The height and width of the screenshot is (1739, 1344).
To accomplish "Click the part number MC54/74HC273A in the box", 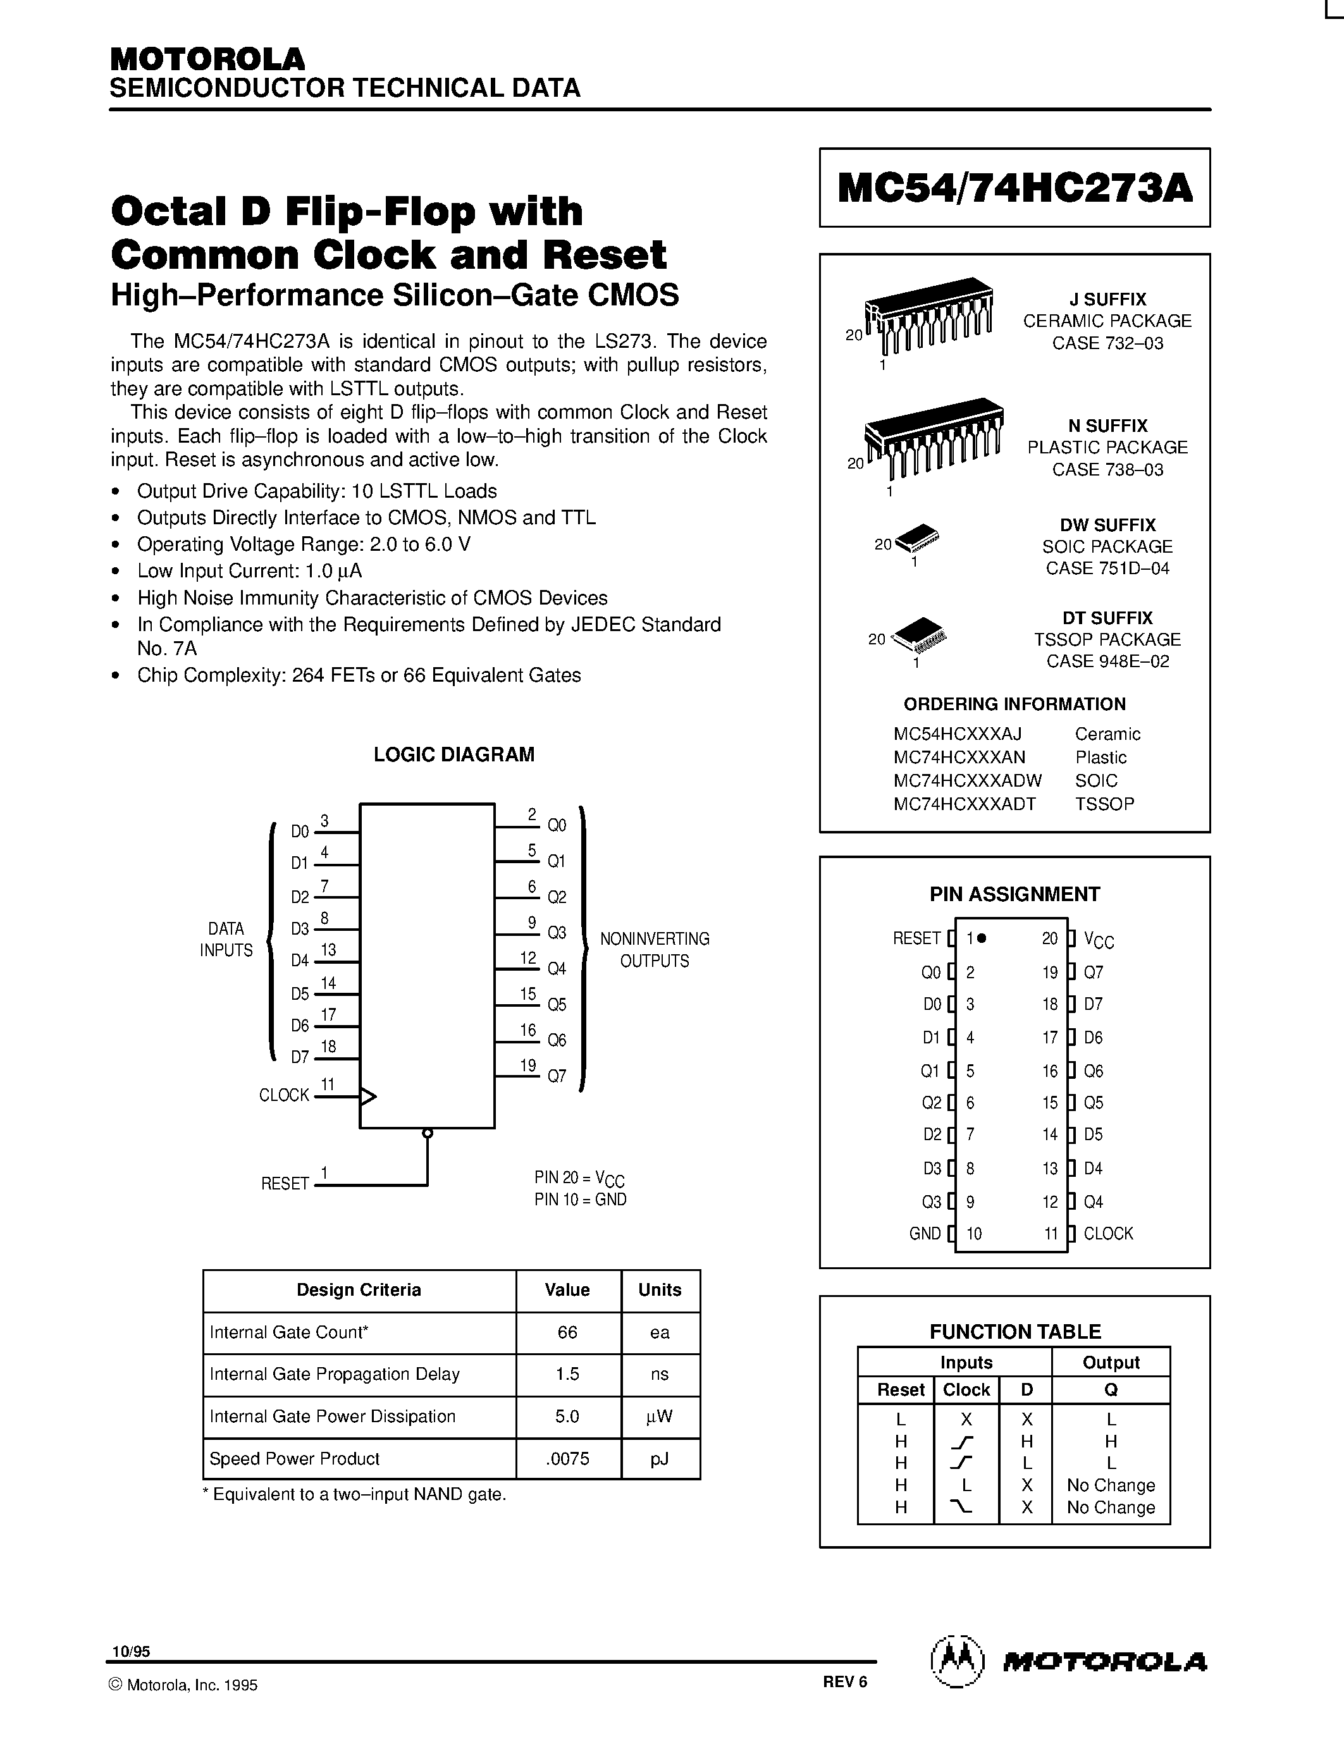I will point(1014,188).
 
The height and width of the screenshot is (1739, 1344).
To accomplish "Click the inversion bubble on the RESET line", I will point(428,1133).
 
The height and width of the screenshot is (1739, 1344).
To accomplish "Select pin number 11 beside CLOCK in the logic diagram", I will point(327,1085).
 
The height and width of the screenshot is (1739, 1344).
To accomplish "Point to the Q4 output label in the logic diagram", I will point(557,969).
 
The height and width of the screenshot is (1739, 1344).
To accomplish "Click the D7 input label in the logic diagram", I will point(299,1057).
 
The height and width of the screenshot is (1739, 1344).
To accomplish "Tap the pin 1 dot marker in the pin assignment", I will point(982,938).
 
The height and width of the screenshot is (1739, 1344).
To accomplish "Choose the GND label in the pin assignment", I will point(925,1233).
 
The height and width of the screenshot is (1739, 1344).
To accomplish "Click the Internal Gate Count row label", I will point(289,1332).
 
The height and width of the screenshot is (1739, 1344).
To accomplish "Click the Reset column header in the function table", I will point(900,1389).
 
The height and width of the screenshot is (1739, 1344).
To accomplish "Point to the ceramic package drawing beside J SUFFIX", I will point(928,314).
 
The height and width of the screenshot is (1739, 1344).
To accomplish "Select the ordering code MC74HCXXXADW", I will point(968,780).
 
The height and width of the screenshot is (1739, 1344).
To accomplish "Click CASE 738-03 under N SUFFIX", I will point(1107,469).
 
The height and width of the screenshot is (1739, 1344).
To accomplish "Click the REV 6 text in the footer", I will point(845,1681).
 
